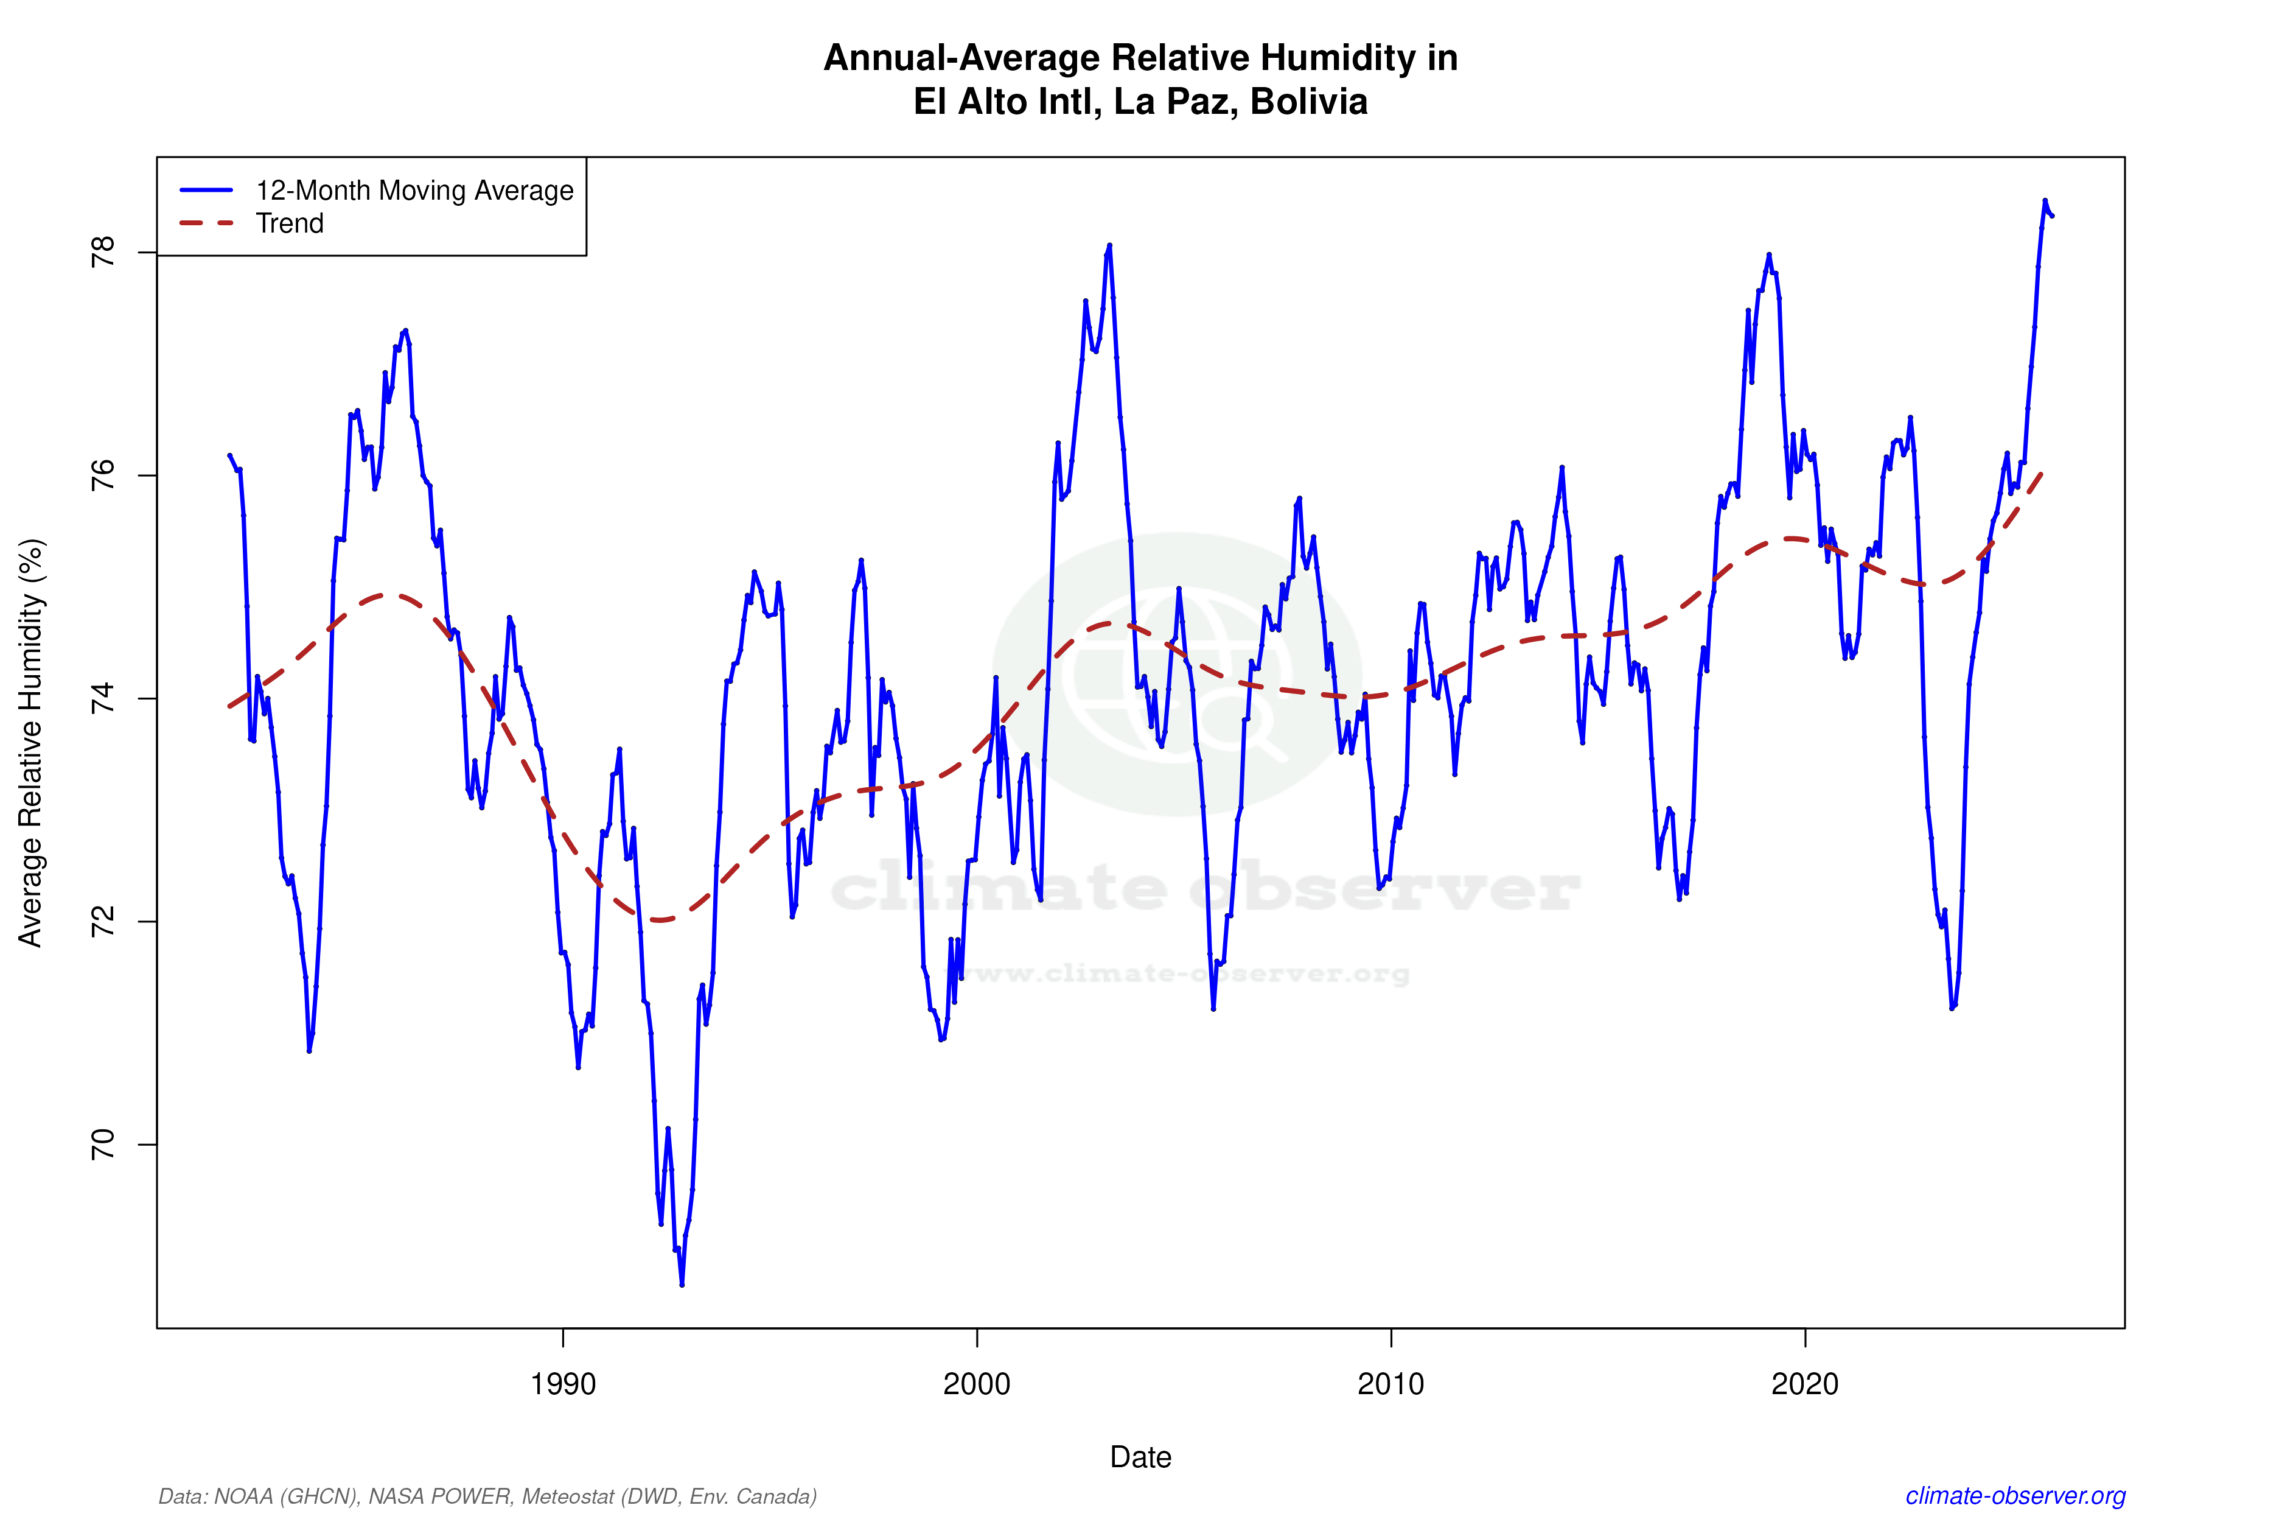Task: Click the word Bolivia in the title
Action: coord(1309,102)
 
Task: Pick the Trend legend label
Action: coord(289,223)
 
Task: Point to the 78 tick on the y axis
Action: coord(102,253)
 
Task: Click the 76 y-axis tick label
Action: coord(102,475)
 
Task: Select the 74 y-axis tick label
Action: coord(102,699)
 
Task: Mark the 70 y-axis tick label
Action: coord(102,1145)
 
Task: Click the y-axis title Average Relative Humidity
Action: coord(31,743)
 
